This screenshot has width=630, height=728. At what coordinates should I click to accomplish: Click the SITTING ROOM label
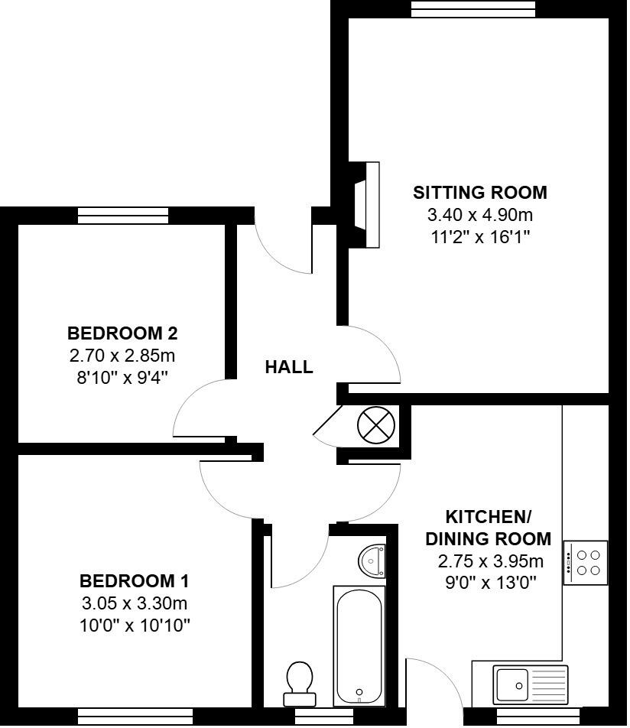point(479,192)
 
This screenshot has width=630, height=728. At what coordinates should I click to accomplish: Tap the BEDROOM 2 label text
point(122,333)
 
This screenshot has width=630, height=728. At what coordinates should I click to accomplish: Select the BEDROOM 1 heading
point(134,579)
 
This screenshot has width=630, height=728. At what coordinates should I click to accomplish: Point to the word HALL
point(288,367)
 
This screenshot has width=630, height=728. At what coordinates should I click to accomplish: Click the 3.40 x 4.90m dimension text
point(479,215)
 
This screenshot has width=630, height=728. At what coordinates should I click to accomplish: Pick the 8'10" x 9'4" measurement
point(122,377)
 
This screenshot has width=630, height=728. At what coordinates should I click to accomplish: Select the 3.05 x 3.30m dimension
point(134,603)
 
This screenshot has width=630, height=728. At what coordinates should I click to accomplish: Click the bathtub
point(358,645)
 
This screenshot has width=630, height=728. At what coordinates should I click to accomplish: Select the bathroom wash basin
point(372,560)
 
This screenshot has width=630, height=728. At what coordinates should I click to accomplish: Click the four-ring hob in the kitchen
point(586,563)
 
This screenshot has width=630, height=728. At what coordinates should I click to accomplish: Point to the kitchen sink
point(530,684)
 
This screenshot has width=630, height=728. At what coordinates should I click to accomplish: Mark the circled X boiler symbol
point(377,425)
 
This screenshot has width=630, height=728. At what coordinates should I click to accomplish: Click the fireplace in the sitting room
point(365,204)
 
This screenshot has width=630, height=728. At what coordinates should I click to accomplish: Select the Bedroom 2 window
point(122,216)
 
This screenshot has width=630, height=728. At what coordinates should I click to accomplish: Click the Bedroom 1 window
point(135,717)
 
